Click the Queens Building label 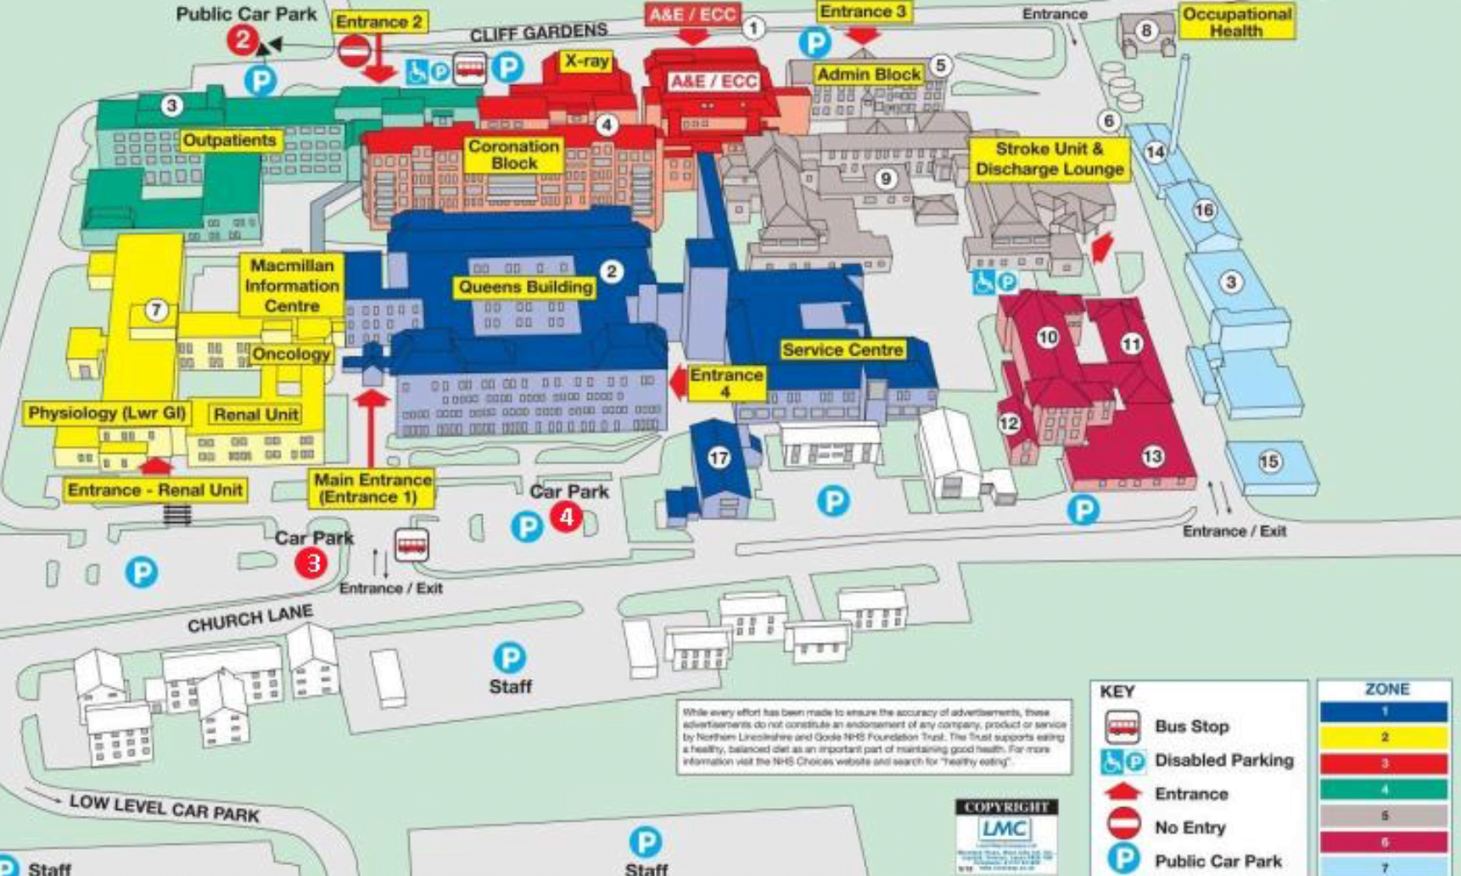[x=525, y=287]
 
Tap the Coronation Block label [x=514, y=154]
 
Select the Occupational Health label [x=1236, y=22]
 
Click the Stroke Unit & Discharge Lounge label [x=1050, y=159]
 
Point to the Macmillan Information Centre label [x=291, y=285]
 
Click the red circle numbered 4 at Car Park [x=566, y=516]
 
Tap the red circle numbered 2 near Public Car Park [x=243, y=39]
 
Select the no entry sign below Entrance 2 [x=354, y=51]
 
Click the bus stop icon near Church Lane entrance [x=411, y=544]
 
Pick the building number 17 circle [x=719, y=458]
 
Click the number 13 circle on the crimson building [x=1152, y=457]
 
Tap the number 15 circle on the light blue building [x=1269, y=462]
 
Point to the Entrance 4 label [x=725, y=383]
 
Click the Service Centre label [x=842, y=350]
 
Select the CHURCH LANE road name [x=250, y=619]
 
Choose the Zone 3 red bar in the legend [x=1384, y=763]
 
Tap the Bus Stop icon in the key [x=1122, y=727]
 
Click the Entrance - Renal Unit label [x=155, y=490]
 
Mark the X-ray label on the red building [x=587, y=61]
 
